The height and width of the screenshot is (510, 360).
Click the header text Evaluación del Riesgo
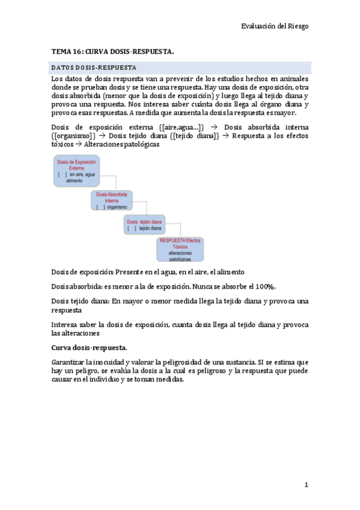pyautogui.click(x=275, y=26)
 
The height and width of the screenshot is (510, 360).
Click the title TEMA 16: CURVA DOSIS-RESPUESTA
pyautogui.click(x=112, y=52)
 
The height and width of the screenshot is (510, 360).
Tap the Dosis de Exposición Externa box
pyautogui.click(x=75, y=171)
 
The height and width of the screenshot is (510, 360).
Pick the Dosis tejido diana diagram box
pyautogui.click(x=144, y=225)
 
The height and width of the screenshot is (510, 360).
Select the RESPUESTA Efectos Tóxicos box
pyautogui.click(x=180, y=249)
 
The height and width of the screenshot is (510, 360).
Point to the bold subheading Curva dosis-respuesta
pyautogui.click(x=88, y=348)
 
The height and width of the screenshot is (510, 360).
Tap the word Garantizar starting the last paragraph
pyautogui.click(x=68, y=362)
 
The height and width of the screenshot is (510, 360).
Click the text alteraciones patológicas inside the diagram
pyautogui.click(x=180, y=256)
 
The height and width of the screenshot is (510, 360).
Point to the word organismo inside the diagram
pyautogui.click(x=118, y=207)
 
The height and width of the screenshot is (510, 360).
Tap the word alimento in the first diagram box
pyautogui.click(x=75, y=180)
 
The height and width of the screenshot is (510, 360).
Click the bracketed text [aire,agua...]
pyautogui.click(x=182, y=127)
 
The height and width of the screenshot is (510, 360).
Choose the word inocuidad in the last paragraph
pyautogui.click(x=124, y=362)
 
